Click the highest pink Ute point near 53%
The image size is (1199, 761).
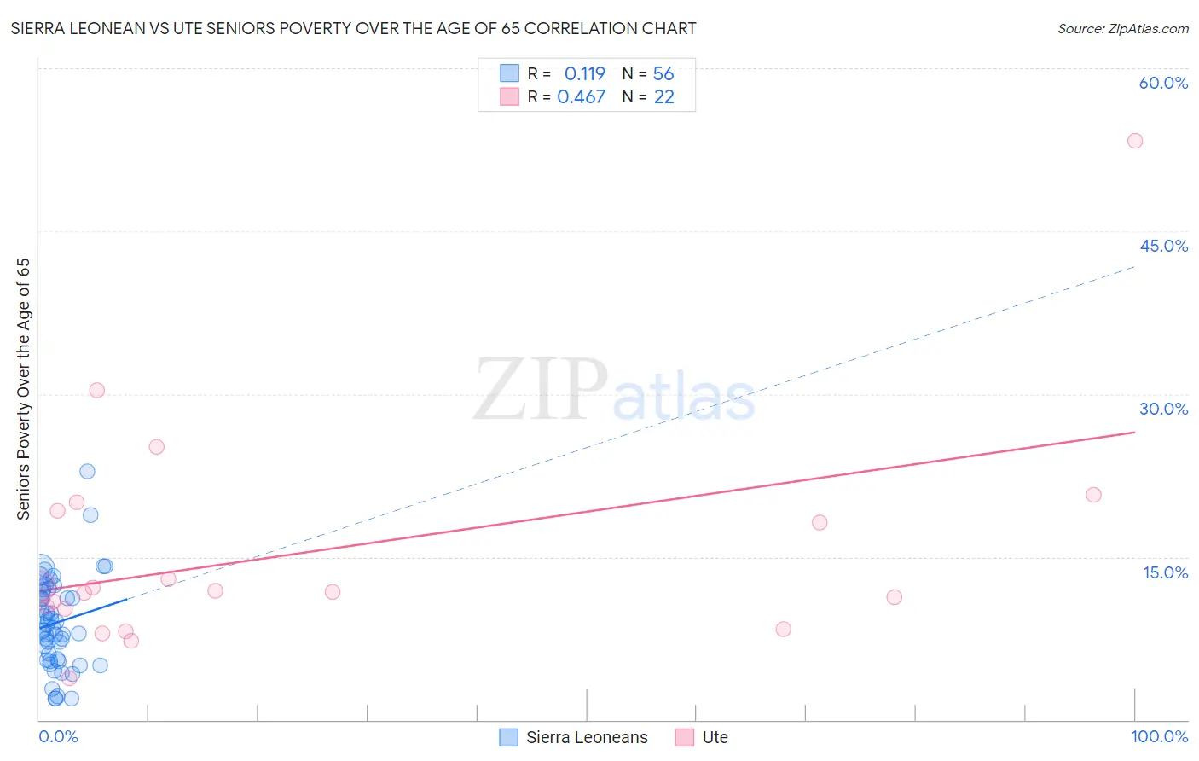pyautogui.click(x=1134, y=141)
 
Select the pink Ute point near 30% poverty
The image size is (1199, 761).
pyautogui.click(x=97, y=391)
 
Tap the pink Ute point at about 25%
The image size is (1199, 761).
pyautogui.click(x=156, y=447)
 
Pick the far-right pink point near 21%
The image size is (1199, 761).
pyautogui.click(x=1093, y=495)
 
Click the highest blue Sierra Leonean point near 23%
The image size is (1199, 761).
pyautogui.click(x=87, y=472)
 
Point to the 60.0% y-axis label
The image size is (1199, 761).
pyautogui.click(x=1163, y=84)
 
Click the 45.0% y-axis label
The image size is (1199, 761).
pyautogui.click(x=1163, y=247)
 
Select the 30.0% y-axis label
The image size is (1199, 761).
pyautogui.click(x=1163, y=410)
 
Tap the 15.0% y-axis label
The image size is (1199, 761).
pyautogui.click(x=1165, y=572)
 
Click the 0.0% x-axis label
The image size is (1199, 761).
pyautogui.click(x=58, y=737)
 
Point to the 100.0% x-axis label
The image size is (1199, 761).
pyautogui.click(x=1159, y=737)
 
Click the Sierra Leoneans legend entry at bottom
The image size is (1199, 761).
pyautogui.click(x=586, y=738)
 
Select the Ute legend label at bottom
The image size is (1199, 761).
pyautogui.click(x=715, y=738)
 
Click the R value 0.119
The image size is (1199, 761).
pyautogui.click(x=584, y=74)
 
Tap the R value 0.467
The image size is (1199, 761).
pyautogui.click(x=581, y=97)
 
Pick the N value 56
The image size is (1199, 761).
pyautogui.click(x=663, y=74)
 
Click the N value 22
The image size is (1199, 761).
pyautogui.click(x=663, y=97)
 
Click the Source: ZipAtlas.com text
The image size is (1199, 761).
pyautogui.click(x=1122, y=29)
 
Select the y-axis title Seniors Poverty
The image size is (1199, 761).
pyautogui.click(x=24, y=389)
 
